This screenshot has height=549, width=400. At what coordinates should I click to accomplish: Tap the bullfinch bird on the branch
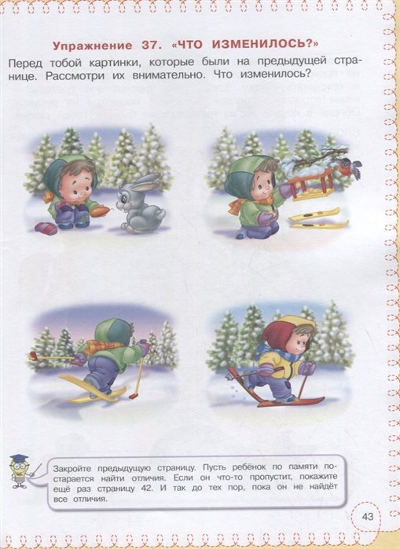point(350,167)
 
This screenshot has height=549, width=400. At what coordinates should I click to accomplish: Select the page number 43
point(368,516)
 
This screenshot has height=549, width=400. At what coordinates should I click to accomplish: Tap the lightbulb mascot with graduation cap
point(20,471)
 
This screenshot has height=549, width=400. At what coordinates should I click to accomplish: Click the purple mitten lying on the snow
point(46,229)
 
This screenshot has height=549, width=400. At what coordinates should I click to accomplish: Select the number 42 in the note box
point(147,489)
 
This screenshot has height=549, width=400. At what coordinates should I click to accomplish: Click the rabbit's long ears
point(144,182)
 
